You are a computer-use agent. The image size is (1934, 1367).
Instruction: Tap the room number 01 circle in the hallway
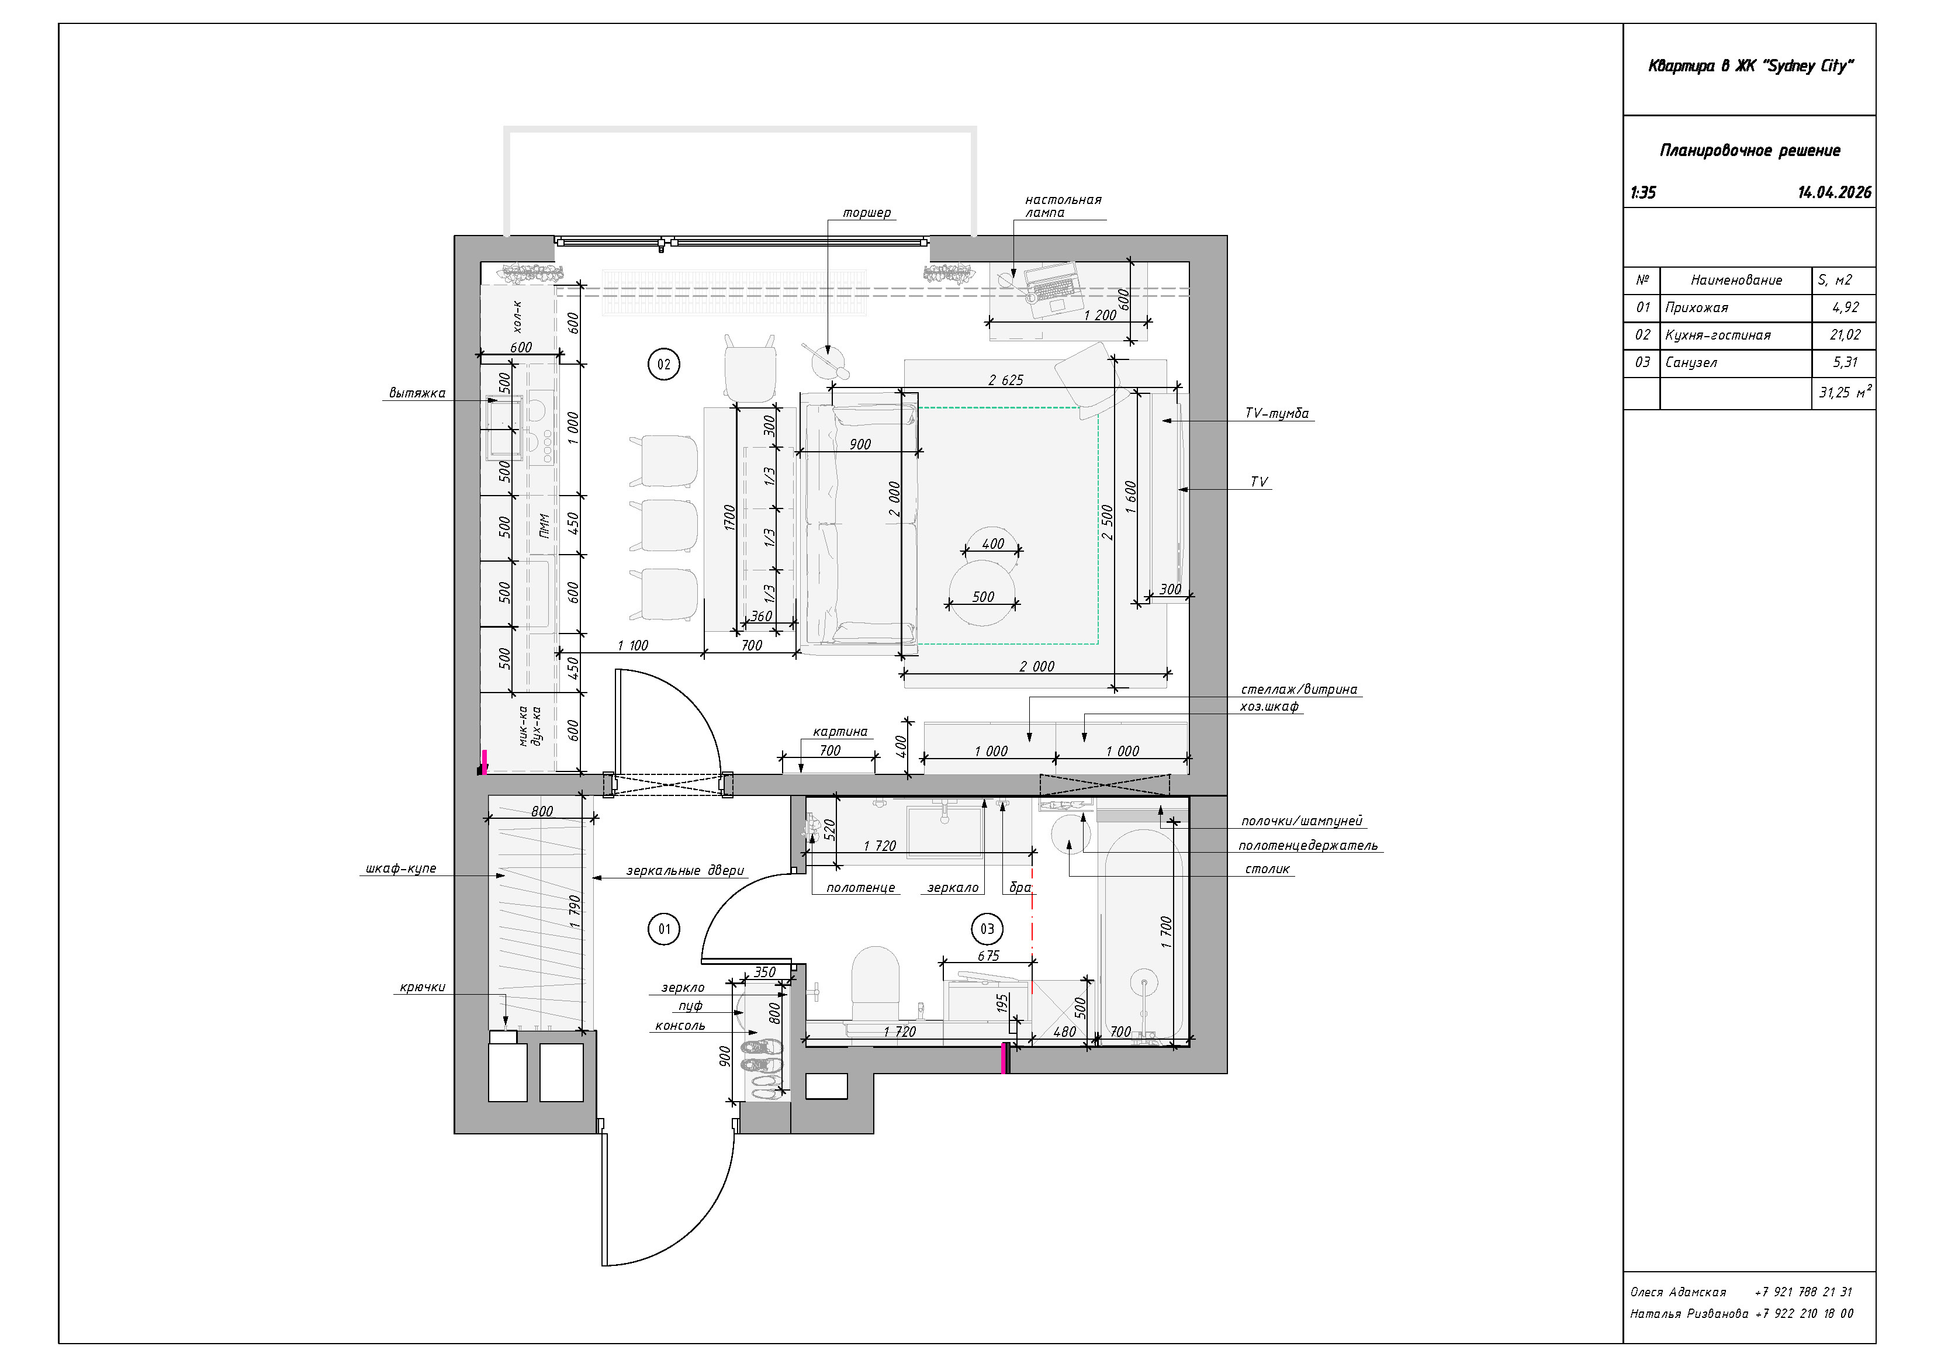[x=664, y=929]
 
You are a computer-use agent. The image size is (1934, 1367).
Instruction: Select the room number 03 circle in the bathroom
[x=987, y=929]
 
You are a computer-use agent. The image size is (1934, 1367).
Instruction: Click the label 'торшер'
[x=867, y=213]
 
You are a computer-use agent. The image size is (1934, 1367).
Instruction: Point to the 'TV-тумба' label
[x=1277, y=414]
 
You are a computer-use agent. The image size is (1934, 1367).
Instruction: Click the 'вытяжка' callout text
[x=417, y=393]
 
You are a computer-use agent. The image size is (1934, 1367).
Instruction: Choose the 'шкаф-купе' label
[x=401, y=868]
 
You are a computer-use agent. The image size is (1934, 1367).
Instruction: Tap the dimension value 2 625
[x=1006, y=380]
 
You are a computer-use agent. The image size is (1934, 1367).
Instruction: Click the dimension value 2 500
[x=1108, y=522]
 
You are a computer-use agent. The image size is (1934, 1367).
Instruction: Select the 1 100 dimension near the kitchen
[x=632, y=646]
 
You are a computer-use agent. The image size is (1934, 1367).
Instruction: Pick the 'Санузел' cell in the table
[x=1735, y=363]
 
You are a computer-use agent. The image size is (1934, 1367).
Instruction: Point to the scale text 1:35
[x=1644, y=193]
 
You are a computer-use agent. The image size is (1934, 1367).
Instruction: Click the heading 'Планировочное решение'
[x=1749, y=151]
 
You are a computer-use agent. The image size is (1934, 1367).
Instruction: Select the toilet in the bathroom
[x=876, y=985]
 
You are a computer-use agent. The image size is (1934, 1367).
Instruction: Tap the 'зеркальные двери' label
[x=685, y=871]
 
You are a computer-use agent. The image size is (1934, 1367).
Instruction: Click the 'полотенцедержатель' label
[x=1307, y=846]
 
